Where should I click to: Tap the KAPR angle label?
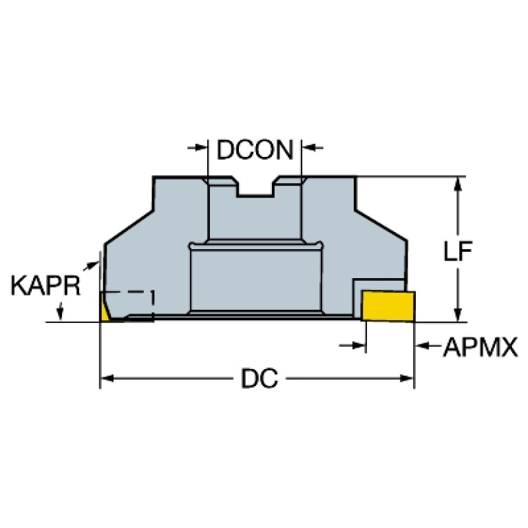coord(45,286)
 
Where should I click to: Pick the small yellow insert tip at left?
coord(105,308)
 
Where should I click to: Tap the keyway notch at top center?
coord(255,188)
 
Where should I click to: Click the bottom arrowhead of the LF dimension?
coord(457,315)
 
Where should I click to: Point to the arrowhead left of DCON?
coord(200,147)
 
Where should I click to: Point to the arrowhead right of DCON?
coord(310,147)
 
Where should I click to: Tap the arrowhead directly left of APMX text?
coord(423,346)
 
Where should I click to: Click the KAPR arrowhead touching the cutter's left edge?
coord(96,263)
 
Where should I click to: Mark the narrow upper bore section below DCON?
coord(255,217)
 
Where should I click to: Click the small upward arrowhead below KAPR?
coord(62,314)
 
